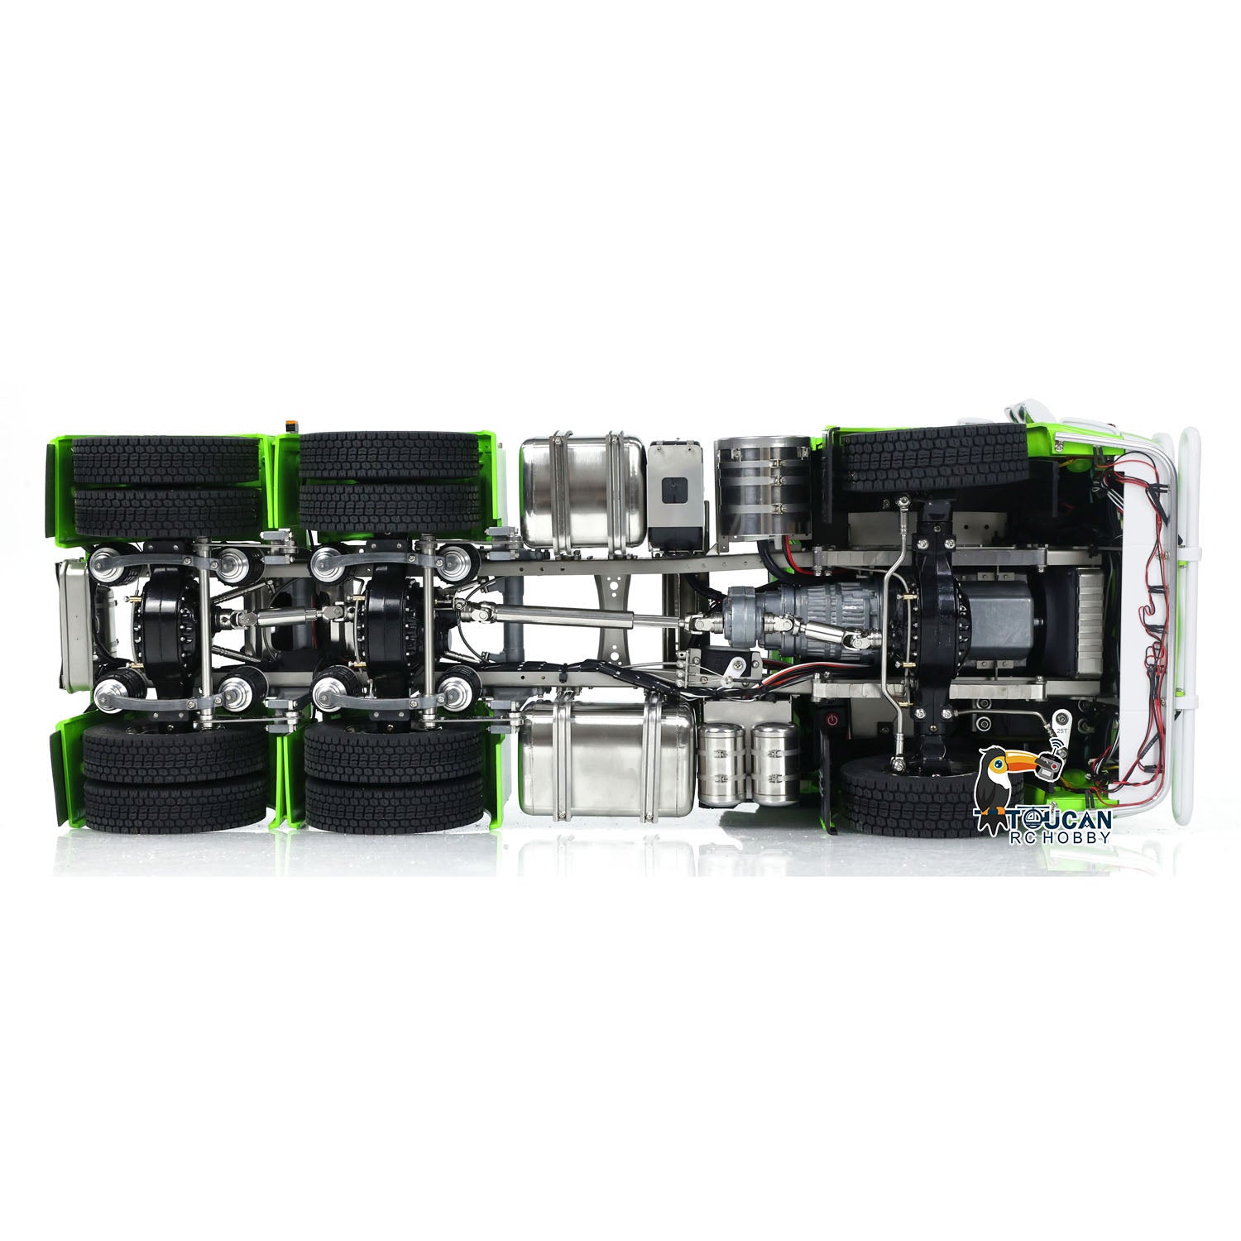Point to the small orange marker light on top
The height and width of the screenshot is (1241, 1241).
pyautogui.click(x=289, y=425)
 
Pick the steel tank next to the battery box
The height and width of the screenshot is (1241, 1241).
pyautogui.click(x=582, y=490)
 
